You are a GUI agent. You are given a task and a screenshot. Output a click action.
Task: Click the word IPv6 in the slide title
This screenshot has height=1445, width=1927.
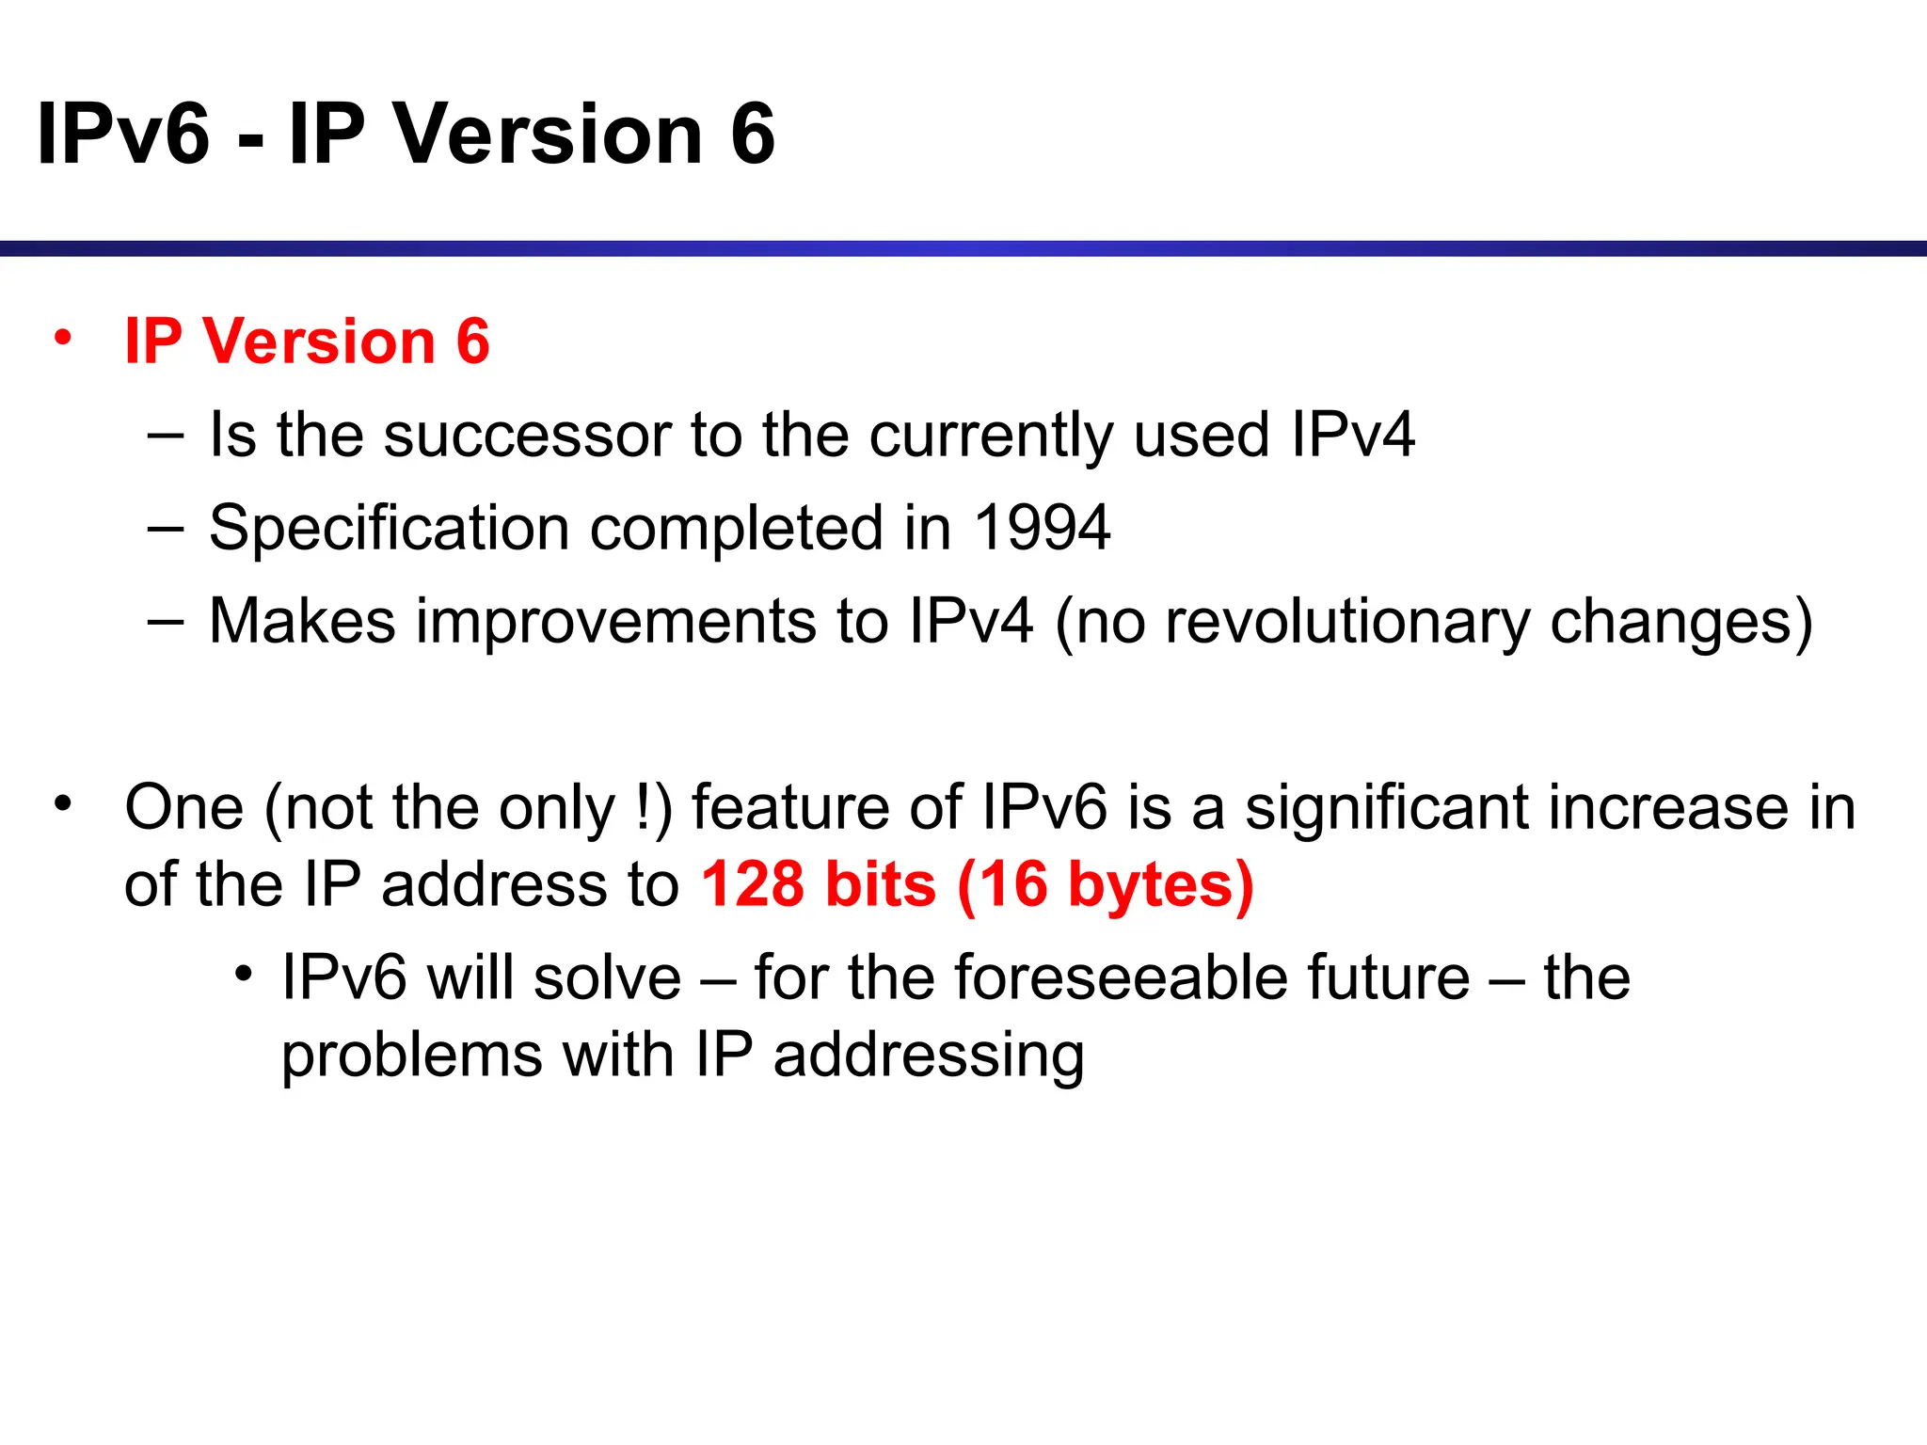point(123,134)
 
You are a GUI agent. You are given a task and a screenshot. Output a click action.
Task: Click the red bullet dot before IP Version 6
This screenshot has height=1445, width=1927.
point(63,337)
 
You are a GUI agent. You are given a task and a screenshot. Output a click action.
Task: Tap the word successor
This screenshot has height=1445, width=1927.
point(527,435)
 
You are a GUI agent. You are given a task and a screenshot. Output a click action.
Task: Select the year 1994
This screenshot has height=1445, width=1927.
point(1042,527)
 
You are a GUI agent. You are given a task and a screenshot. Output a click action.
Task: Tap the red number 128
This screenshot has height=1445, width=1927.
point(753,884)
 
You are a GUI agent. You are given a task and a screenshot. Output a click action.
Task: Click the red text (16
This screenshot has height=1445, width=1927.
point(1002,884)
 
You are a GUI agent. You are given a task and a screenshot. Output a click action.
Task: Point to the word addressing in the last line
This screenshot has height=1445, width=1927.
point(929,1055)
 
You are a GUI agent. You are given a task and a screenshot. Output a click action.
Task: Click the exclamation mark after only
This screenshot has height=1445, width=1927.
point(644,807)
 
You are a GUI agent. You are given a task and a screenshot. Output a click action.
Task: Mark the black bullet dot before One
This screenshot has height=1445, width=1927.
point(63,804)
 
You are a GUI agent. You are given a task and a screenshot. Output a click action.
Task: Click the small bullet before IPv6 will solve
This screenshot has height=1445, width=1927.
point(244,974)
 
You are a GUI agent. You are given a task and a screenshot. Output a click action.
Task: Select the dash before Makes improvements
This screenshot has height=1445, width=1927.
point(166,621)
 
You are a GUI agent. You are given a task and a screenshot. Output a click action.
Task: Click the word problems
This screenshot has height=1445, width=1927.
point(412,1055)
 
